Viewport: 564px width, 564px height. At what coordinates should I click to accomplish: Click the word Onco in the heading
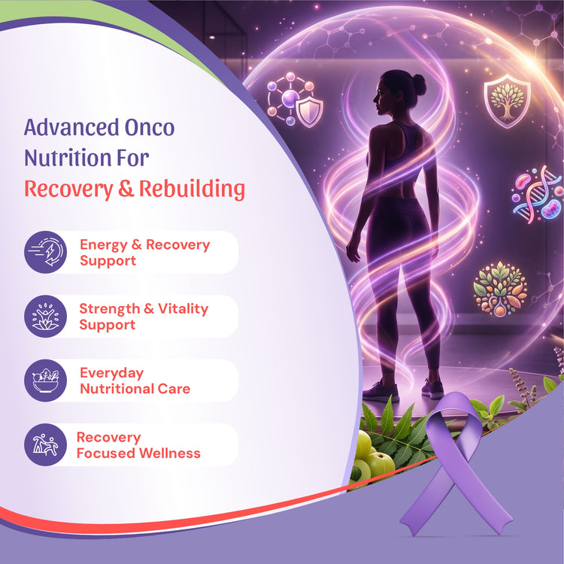point(150,127)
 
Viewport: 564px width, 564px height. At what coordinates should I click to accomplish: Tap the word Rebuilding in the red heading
point(192,189)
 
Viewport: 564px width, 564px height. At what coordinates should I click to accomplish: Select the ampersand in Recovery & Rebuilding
point(126,189)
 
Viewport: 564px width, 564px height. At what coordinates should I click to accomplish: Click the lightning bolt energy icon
point(46,252)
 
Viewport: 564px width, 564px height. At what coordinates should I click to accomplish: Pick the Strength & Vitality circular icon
point(46,316)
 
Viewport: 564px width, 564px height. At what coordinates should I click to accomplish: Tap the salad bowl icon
point(46,381)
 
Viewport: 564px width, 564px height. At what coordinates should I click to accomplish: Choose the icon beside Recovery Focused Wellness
point(46,444)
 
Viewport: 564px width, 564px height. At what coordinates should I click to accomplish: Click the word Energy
point(104,245)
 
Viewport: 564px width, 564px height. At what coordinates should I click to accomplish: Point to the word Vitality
point(183,309)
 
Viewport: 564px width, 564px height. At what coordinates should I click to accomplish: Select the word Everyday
point(111,373)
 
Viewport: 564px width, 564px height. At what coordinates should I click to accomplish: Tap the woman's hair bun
point(419,84)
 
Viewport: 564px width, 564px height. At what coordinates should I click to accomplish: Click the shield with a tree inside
point(507,101)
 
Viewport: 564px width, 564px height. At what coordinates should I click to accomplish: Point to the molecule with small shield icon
point(295,99)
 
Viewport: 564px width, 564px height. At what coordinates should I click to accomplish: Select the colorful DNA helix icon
point(538,194)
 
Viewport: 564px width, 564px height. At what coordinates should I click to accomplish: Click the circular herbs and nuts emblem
point(500,290)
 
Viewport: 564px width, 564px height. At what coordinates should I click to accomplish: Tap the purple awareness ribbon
point(456,464)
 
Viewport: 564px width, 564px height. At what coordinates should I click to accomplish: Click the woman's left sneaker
point(381,391)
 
